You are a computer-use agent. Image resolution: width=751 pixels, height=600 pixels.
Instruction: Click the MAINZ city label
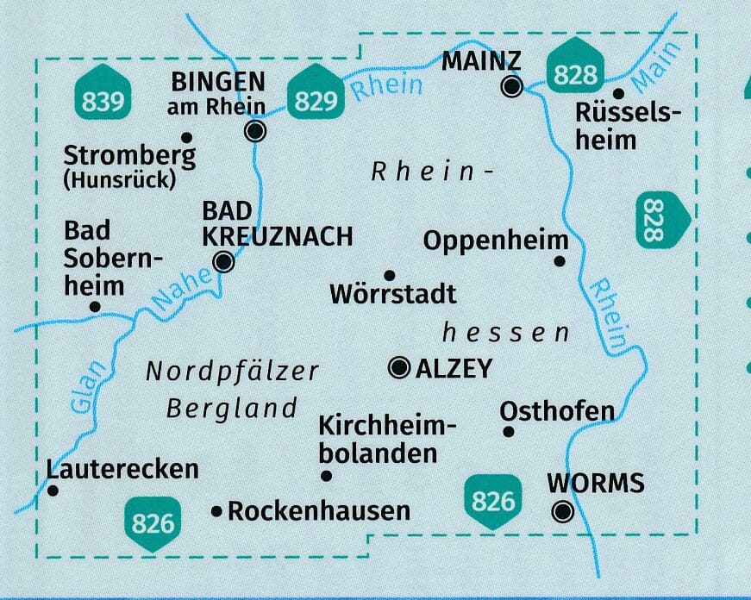[480, 62]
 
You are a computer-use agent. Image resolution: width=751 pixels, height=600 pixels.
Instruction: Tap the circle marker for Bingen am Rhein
[255, 131]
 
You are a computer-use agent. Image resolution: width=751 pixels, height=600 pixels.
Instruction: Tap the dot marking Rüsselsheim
[617, 94]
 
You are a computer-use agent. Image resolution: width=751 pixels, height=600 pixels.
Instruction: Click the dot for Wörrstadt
[389, 276]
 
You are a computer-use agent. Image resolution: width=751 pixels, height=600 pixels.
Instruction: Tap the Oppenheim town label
[496, 241]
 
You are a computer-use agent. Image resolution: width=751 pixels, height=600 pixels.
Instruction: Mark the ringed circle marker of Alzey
[399, 369]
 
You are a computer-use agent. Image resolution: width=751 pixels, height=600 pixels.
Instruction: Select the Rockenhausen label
[318, 511]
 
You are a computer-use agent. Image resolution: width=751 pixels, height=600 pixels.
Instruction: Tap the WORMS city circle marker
[563, 512]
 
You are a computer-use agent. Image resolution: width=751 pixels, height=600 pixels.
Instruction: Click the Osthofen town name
[557, 410]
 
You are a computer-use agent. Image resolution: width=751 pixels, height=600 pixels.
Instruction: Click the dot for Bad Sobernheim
[95, 306]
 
